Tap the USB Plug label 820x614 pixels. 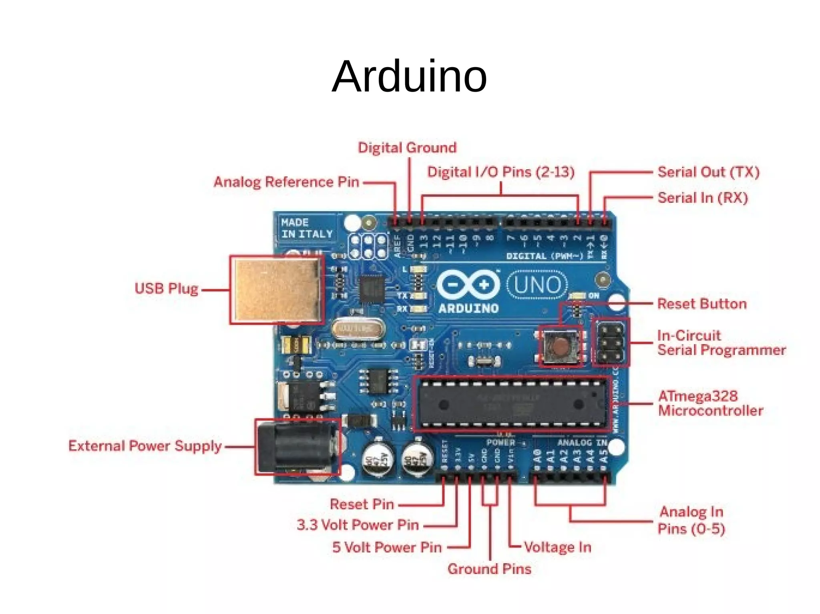166,288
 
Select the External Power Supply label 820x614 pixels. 145,446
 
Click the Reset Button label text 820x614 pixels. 702,304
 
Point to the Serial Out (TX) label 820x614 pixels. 708,172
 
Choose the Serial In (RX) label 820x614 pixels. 703,198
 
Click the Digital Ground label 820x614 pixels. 407,148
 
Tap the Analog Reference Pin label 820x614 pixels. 286,182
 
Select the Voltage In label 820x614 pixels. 557,547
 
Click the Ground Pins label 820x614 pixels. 489,568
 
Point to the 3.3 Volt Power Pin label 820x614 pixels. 358,524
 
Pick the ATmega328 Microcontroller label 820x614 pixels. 710,403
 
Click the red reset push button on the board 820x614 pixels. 560,345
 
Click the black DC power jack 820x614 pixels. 296,447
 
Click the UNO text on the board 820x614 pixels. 537,285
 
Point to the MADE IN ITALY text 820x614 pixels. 307,228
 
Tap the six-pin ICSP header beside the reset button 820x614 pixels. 610,342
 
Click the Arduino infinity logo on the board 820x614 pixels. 468,285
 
